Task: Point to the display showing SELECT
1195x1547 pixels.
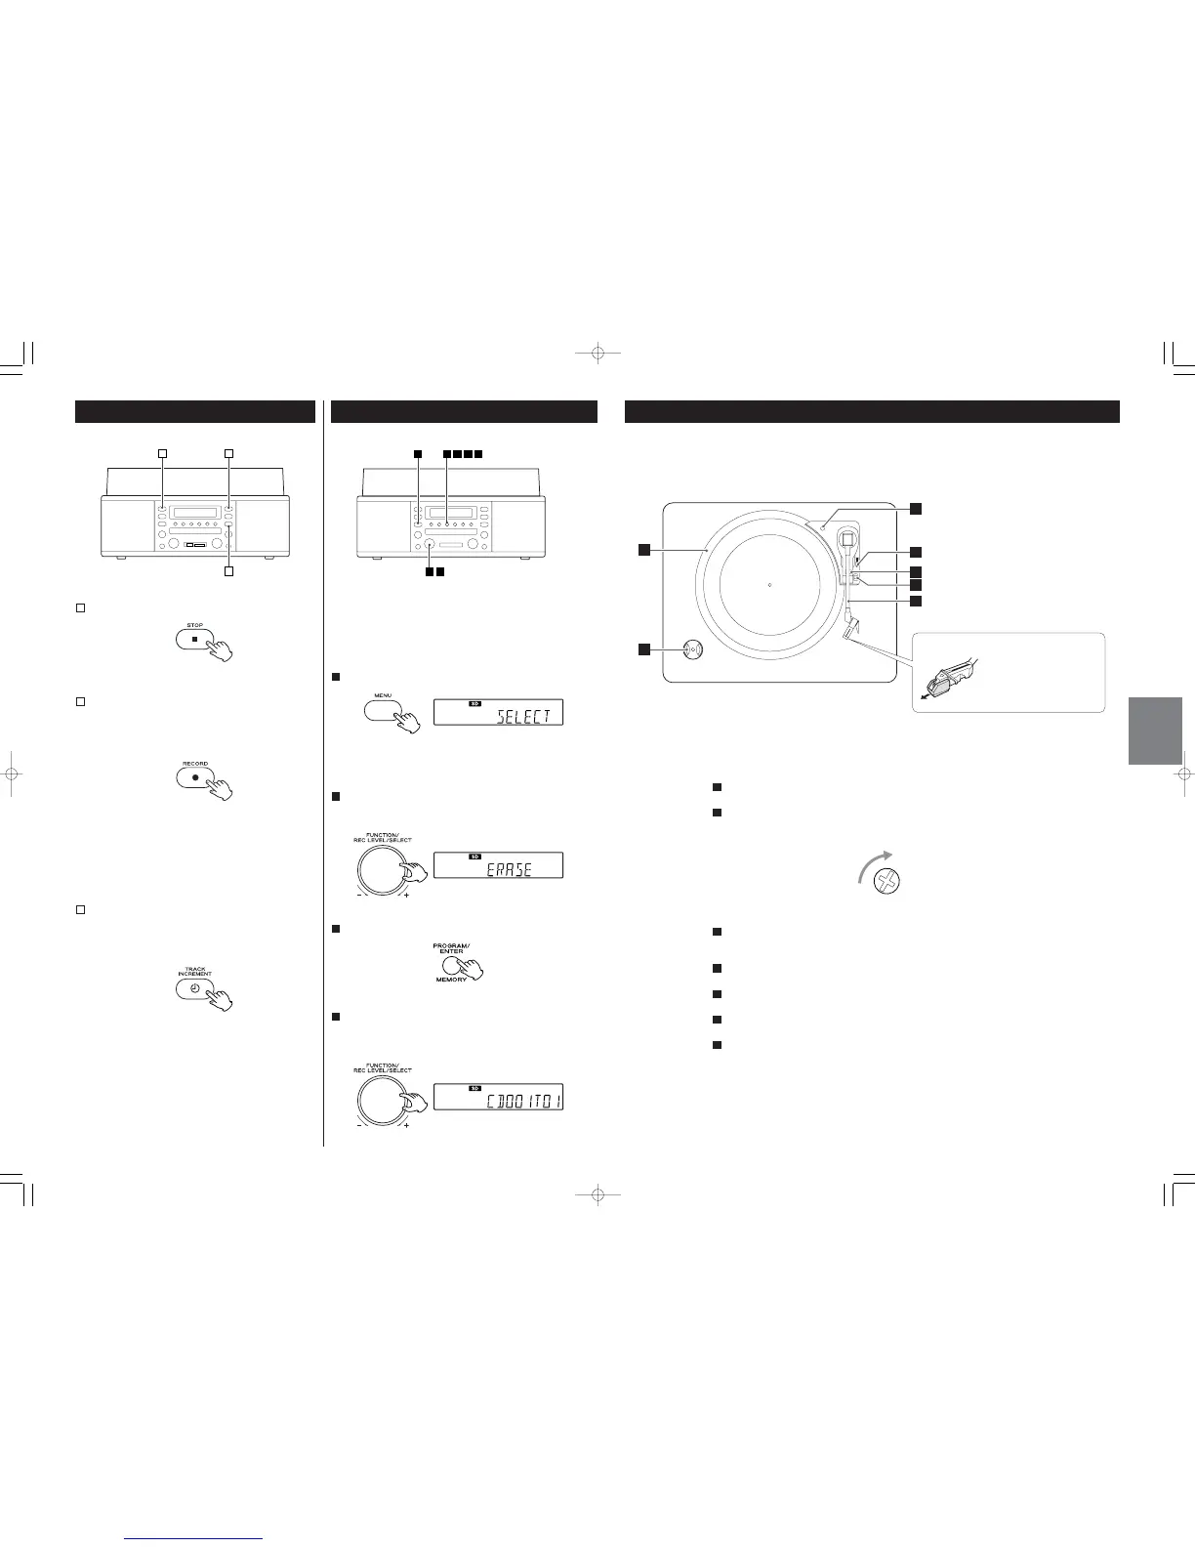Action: [498, 712]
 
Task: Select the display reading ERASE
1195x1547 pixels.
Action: [498, 865]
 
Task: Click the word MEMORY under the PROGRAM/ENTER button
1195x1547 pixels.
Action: [451, 980]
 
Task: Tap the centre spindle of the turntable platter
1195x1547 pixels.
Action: [769, 585]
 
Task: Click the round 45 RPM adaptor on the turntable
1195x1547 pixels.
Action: [692, 649]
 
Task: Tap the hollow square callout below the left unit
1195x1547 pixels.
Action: [228, 571]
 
